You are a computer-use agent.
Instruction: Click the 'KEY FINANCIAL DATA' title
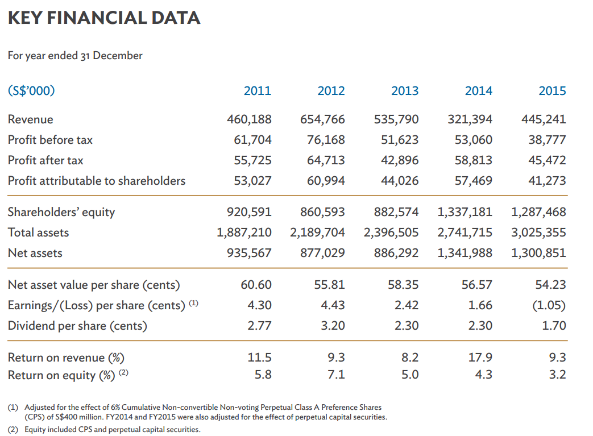tap(104, 18)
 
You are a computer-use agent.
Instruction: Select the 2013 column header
tap(405, 91)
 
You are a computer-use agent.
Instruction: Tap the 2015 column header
tap(552, 91)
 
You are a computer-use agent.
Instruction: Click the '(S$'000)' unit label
tap(31, 90)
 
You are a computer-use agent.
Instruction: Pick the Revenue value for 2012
tap(322, 119)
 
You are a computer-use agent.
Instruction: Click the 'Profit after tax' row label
tap(45, 160)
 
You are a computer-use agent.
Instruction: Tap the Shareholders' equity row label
tap(61, 212)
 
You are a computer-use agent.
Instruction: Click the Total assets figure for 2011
tap(244, 232)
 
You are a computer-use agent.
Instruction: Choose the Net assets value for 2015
tap(538, 253)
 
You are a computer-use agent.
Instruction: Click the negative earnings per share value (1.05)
tap(549, 305)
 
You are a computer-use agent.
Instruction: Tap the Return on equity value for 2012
tap(337, 375)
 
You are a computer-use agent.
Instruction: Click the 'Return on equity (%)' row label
tap(63, 375)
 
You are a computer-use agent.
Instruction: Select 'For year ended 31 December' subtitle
tap(75, 55)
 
